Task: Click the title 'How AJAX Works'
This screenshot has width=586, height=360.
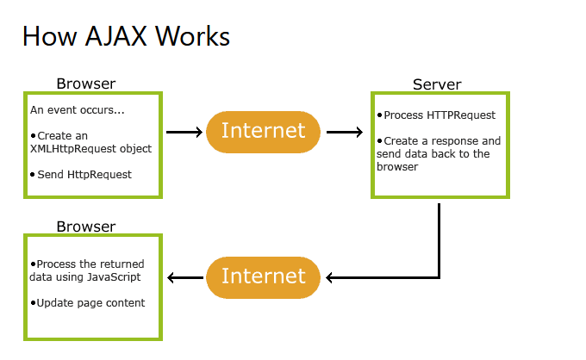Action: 126,36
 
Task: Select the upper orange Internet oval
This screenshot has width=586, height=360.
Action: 263,132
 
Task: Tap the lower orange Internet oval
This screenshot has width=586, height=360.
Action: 263,276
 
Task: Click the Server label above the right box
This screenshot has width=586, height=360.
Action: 437,84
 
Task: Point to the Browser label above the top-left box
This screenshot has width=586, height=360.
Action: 86,84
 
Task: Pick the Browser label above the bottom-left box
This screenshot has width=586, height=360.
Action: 86,227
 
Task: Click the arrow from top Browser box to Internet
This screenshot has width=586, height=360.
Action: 184,133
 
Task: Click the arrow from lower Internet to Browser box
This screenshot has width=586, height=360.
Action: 185,277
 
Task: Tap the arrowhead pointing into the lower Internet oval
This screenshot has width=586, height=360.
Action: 331,277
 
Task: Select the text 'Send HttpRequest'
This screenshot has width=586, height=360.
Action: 84,174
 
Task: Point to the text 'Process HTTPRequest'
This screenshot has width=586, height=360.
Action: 439,115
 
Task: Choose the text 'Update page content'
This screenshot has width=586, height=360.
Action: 90,303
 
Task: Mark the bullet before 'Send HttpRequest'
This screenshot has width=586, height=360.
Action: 34,174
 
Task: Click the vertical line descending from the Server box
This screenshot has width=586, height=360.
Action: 439,237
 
